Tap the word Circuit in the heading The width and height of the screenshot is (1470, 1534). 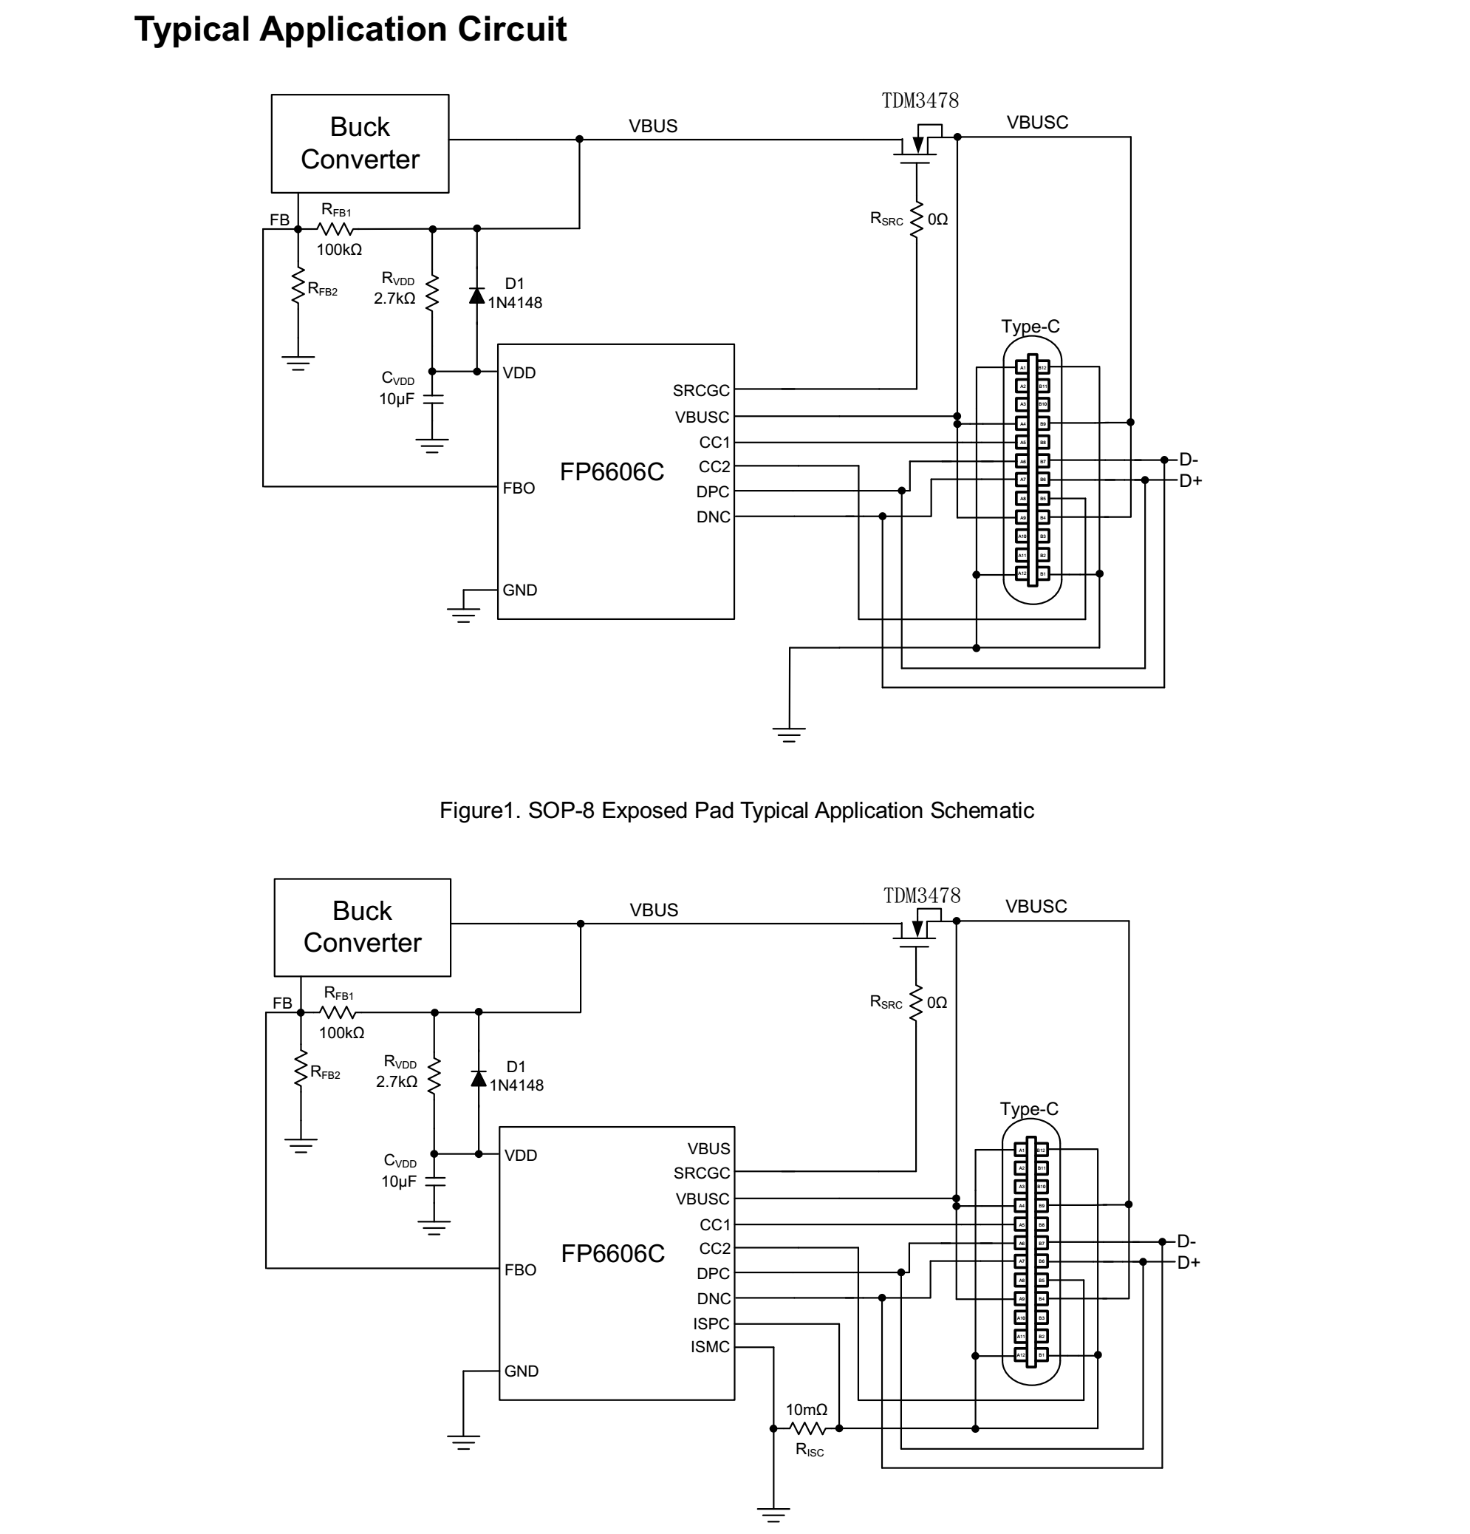[x=513, y=30]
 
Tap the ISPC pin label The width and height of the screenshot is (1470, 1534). [x=711, y=1323]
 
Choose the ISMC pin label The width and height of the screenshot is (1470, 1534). [x=710, y=1347]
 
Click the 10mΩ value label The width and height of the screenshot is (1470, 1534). [x=807, y=1410]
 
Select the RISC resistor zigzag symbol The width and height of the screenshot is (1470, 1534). [x=807, y=1428]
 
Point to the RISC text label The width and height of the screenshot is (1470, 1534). [x=810, y=1451]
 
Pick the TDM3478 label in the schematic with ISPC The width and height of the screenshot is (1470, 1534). [x=922, y=896]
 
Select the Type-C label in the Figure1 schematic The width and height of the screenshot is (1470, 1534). [x=1030, y=327]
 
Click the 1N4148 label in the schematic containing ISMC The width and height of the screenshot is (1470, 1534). [x=516, y=1085]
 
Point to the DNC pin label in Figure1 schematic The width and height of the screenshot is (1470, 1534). [x=713, y=517]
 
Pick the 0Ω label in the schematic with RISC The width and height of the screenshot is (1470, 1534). [x=937, y=1003]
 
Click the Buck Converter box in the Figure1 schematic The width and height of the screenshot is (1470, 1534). [x=360, y=143]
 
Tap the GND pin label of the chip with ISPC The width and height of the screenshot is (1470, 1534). [x=521, y=1371]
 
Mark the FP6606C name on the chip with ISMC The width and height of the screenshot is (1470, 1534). [x=612, y=1254]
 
